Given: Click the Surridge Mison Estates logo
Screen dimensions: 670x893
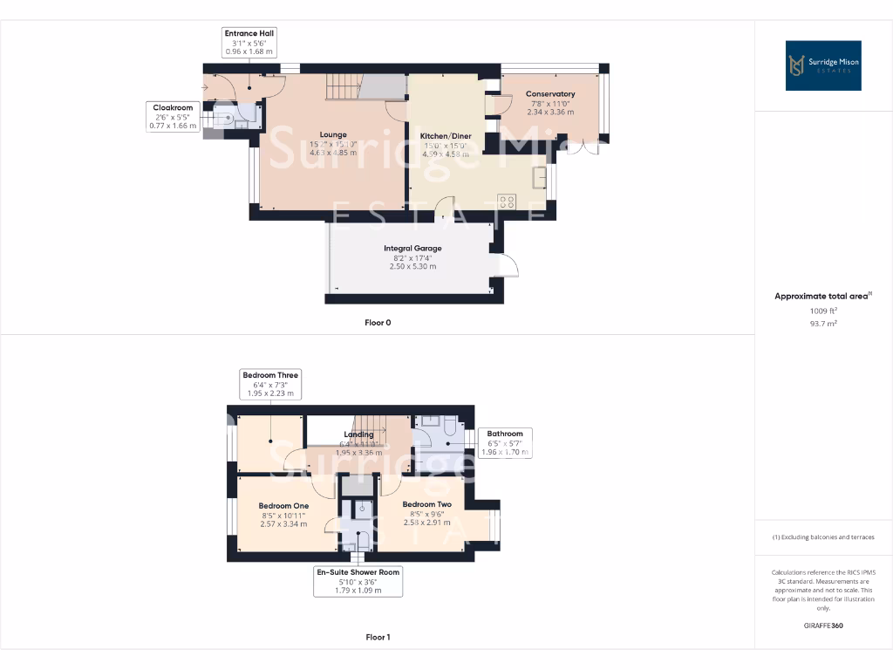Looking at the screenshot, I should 823,65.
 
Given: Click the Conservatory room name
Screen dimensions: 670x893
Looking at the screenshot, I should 550,93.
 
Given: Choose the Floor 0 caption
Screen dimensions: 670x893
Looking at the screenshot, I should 378,323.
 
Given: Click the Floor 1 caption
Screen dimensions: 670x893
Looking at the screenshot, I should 378,637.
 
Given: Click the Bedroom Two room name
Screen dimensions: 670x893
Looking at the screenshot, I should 426,504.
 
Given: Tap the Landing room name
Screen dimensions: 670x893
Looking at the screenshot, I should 358,434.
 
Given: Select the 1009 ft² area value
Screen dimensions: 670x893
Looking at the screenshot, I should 822,311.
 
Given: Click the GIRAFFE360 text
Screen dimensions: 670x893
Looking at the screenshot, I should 822,626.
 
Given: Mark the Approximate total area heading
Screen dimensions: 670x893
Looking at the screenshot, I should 821,297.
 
